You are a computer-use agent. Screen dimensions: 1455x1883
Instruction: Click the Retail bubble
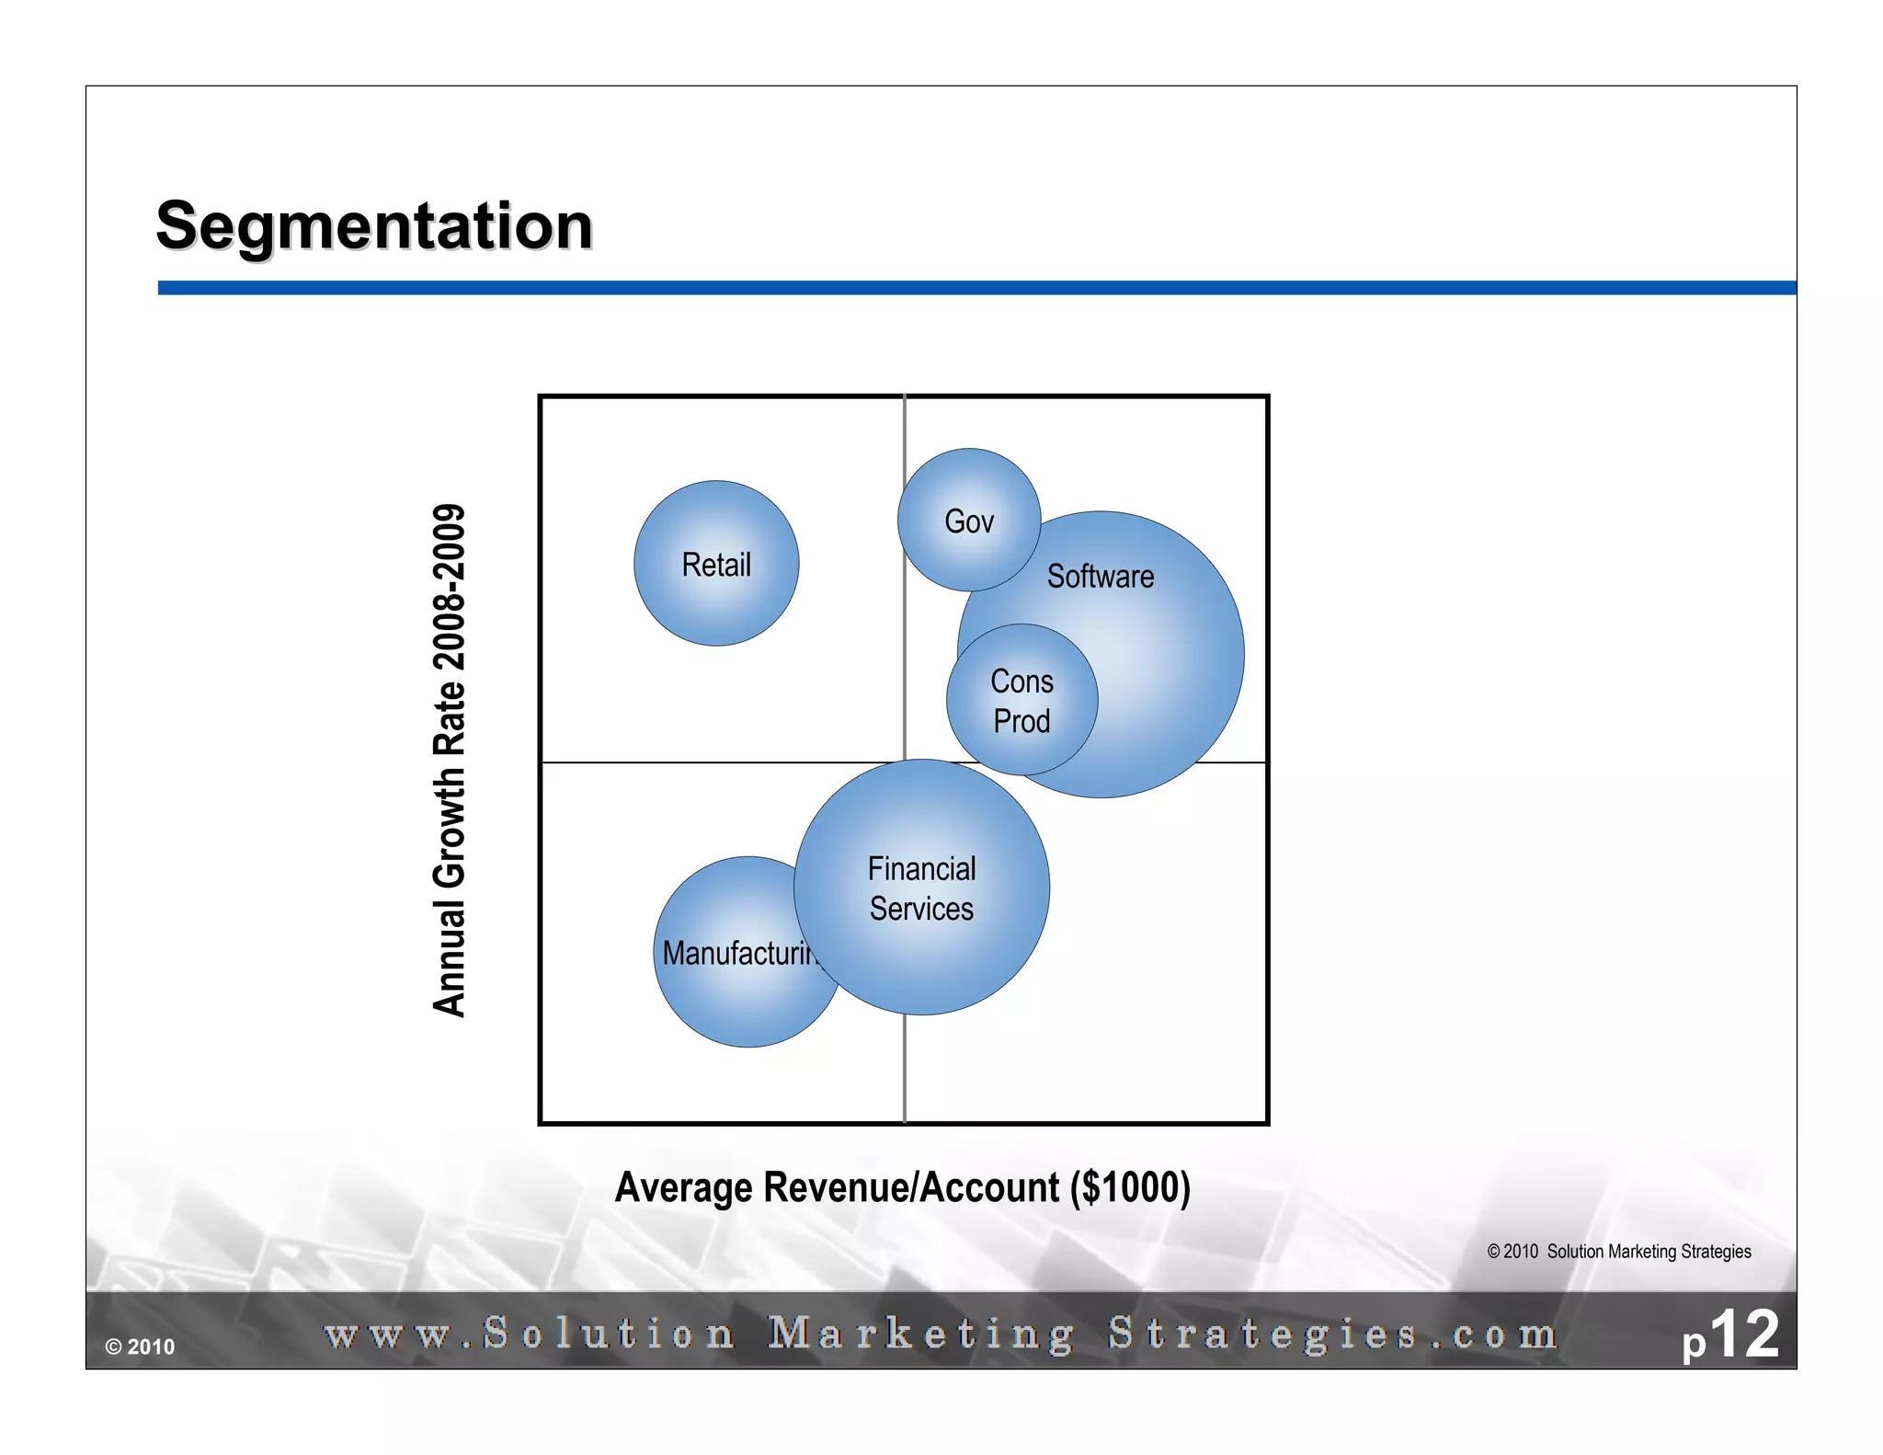[x=716, y=563]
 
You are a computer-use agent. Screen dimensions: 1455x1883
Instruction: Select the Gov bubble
[x=969, y=521]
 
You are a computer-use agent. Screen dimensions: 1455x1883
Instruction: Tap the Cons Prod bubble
[x=1021, y=700]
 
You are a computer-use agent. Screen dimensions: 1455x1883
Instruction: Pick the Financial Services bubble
[x=921, y=888]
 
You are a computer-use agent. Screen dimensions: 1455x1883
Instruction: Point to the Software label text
[x=1101, y=577]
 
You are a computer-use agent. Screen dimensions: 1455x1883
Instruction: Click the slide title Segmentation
[x=374, y=225]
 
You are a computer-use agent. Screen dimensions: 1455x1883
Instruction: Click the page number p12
[x=1729, y=1335]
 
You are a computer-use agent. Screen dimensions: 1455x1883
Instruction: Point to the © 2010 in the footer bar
[x=140, y=1347]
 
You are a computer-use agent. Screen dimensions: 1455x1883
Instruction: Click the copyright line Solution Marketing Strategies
[x=1619, y=1252]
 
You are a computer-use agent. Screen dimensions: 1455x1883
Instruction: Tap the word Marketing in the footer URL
[x=920, y=1335]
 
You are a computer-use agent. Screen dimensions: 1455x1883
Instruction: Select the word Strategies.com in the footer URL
[x=1332, y=1335]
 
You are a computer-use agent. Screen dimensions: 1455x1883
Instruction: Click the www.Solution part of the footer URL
[x=530, y=1335]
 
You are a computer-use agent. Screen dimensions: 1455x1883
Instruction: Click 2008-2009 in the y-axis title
[x=450, y=587]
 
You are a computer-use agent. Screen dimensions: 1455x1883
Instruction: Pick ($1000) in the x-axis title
[x=1130, y=1187]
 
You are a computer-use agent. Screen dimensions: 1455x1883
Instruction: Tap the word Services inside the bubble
[x=921, y=909]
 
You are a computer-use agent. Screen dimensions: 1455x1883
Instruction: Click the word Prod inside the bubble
[x=1021, y=721]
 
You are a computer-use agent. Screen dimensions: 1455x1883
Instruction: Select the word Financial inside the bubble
[x=921, y=868]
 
